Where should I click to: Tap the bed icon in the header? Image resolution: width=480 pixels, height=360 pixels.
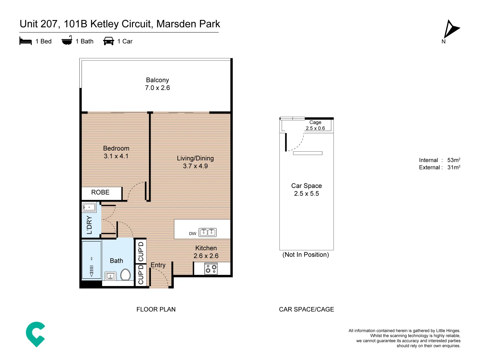26,41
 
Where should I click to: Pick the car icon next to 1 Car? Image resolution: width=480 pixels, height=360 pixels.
109,41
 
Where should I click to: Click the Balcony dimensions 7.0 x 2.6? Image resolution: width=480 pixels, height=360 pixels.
157,88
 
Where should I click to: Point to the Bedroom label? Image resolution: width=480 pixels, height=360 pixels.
116,148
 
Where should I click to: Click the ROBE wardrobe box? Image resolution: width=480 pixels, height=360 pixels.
100,192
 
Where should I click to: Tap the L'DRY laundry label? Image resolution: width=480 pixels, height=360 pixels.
89,225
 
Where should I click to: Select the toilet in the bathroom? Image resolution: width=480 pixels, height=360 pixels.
125,275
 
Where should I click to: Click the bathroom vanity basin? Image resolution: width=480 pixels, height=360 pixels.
110,276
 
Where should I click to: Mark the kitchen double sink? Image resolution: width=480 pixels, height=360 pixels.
207,232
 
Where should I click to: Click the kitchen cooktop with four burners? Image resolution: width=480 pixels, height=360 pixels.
211,269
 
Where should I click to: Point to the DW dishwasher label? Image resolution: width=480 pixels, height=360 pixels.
193,234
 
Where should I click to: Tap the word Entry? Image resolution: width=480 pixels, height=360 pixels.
158,265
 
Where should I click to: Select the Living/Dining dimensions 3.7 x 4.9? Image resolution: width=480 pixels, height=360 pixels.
195,166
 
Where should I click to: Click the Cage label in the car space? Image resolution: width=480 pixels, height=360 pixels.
315,122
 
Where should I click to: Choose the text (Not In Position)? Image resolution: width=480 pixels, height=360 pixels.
306,255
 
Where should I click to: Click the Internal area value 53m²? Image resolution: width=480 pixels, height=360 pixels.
454,160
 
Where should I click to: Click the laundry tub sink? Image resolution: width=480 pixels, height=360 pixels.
89,207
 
